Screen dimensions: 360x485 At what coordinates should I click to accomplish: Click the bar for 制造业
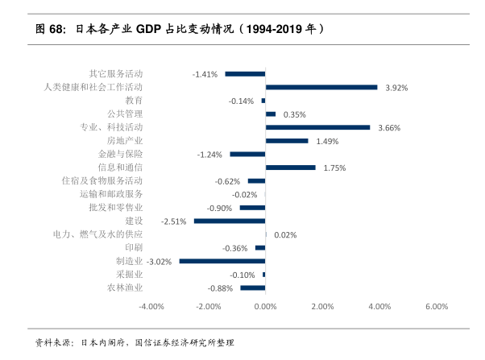(222, 261)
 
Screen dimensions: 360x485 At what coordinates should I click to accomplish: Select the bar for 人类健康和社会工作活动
(321, 87)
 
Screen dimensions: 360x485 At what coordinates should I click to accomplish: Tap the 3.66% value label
(389, 128)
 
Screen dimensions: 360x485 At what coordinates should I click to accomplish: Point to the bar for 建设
(230, 221)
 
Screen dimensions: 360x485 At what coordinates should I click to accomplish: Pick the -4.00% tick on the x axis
(151, 306)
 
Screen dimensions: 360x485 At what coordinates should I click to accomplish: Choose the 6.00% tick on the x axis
(436, 306)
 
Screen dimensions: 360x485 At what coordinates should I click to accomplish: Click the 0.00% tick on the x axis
(265, 306)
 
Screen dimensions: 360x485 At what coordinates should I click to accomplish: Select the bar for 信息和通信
(290, 168)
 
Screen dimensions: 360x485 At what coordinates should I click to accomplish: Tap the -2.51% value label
(174, 221)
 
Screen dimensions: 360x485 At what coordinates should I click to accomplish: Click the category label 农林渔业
(125, 288)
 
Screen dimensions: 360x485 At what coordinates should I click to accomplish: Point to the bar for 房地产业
(287, 140)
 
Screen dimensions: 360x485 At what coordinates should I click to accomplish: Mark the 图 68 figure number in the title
(50, 30)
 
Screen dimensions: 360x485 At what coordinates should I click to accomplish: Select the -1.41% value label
(205, 74)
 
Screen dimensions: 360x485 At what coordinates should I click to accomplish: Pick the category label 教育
(134, 101)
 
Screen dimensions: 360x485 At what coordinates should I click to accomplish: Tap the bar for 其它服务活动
(245, 73)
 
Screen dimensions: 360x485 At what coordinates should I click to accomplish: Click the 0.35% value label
(295, 114)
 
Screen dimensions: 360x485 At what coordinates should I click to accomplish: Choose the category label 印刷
(134, 247)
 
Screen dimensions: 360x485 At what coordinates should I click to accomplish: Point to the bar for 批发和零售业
(252, 208)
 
